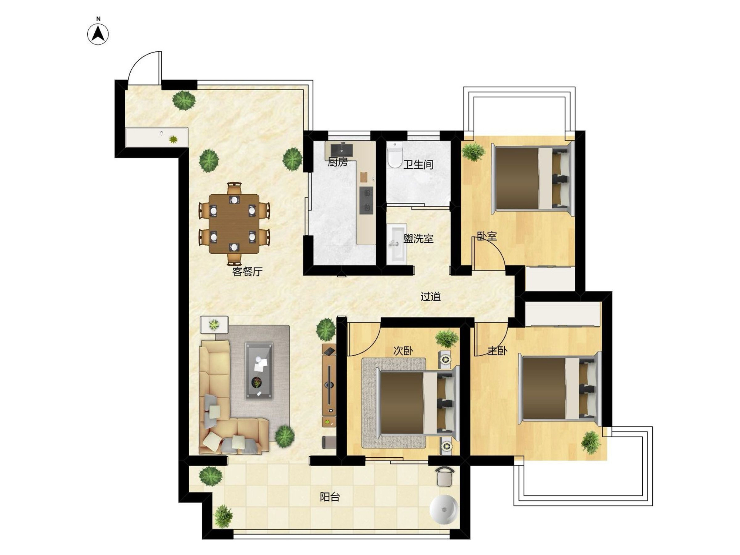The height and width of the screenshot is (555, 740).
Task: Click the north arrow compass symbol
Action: coord(98,34)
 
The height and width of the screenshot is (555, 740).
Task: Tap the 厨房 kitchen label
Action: coord(337,162)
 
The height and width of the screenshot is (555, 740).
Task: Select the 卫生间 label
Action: coord(418,164)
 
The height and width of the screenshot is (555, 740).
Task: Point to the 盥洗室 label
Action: coord(418,239)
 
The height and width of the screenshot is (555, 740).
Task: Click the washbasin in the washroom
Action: coord(397,244)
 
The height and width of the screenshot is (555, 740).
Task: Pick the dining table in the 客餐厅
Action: coord(234,224)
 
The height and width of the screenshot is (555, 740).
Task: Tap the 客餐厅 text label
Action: coord(247,272)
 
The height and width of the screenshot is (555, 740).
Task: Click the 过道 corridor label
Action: coord(430,296)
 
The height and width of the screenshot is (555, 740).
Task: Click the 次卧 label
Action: coord(403,351)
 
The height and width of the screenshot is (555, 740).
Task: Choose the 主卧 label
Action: coord(497,351)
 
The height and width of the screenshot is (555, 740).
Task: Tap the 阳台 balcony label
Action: coord(330,497)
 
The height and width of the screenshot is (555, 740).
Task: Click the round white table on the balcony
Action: coord(444,509)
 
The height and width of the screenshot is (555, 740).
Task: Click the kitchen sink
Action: coord(341,150)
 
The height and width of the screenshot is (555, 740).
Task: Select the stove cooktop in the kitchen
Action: coord(366,200)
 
